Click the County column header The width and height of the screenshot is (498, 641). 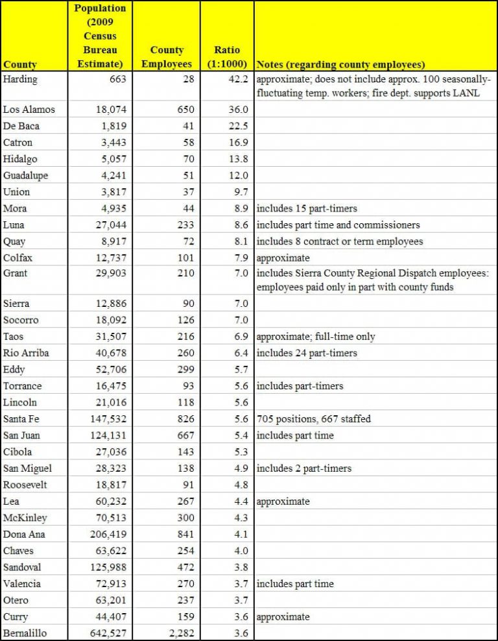20,64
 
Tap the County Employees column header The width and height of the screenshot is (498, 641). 167,57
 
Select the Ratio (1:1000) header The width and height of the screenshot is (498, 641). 226,57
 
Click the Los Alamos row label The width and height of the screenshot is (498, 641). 29,109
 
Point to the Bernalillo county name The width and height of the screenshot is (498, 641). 27,633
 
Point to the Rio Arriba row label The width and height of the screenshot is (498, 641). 26,353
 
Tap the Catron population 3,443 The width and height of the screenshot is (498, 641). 112,142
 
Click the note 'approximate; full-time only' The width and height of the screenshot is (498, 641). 316,337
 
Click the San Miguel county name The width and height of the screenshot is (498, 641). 27,468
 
